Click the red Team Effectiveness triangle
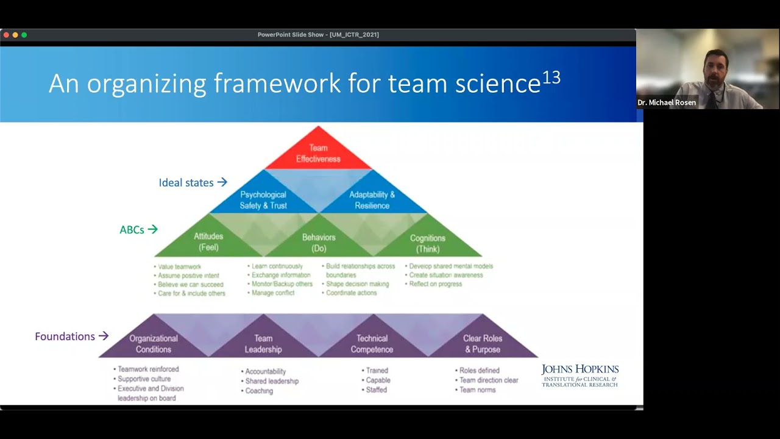tap(318, 152)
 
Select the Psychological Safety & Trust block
tap(263, 199)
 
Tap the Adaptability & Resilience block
tap(372, 199)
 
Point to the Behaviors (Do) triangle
tap(319, 243)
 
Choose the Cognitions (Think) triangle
tap(427, 243)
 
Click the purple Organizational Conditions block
tap(154, 343)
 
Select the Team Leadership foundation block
tap(263, 343)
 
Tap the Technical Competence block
tap(372, 343)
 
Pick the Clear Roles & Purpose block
tap(483, 343)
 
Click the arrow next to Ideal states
tap(222, 182)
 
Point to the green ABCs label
tap(132, 230)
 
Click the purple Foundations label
tap(65, 337)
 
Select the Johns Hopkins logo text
tap(580, 375)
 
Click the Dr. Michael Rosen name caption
tap(667, 102)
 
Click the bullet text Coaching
tap(259, 391)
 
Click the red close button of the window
tap(6, 35)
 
